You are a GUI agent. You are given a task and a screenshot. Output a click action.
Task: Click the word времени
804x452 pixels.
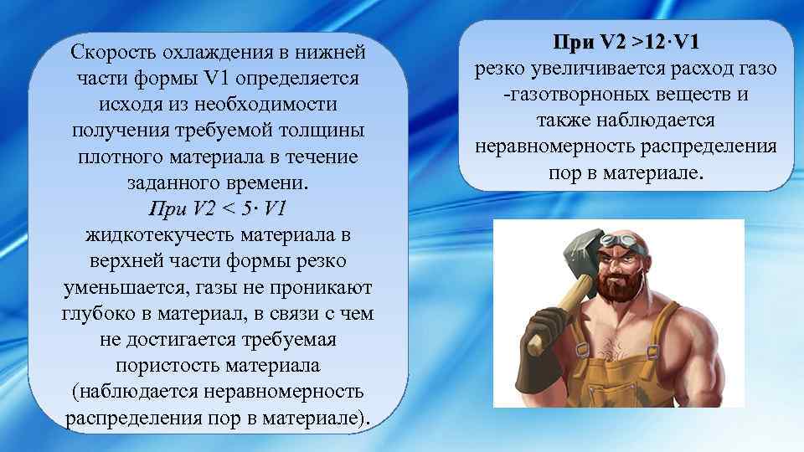pyautogui.click(x=268, y=182)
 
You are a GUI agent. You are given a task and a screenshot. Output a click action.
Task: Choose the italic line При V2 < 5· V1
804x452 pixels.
pyautogui.click(x=218, y=208)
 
